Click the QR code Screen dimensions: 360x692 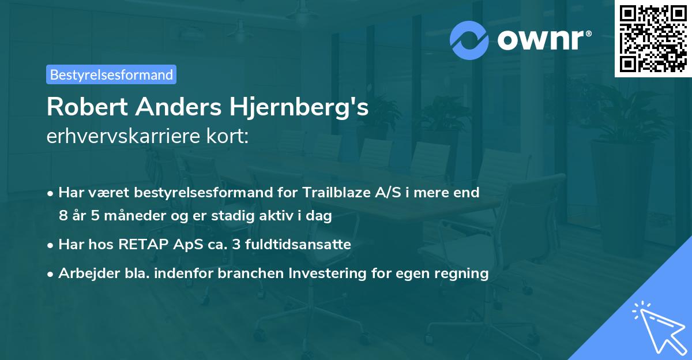653,39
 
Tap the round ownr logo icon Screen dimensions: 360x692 469,40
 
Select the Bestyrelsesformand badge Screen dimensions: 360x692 111,74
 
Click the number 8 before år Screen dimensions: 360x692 63,216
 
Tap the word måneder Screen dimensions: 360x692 136,216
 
